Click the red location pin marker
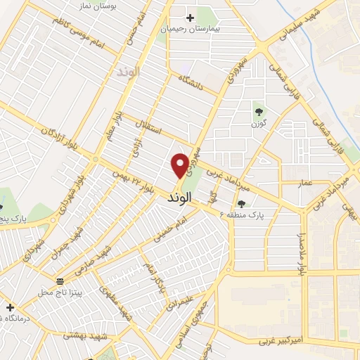(x=181, y=165)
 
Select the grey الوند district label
(x=129, y=72)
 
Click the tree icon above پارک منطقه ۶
(x=241, y=204)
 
